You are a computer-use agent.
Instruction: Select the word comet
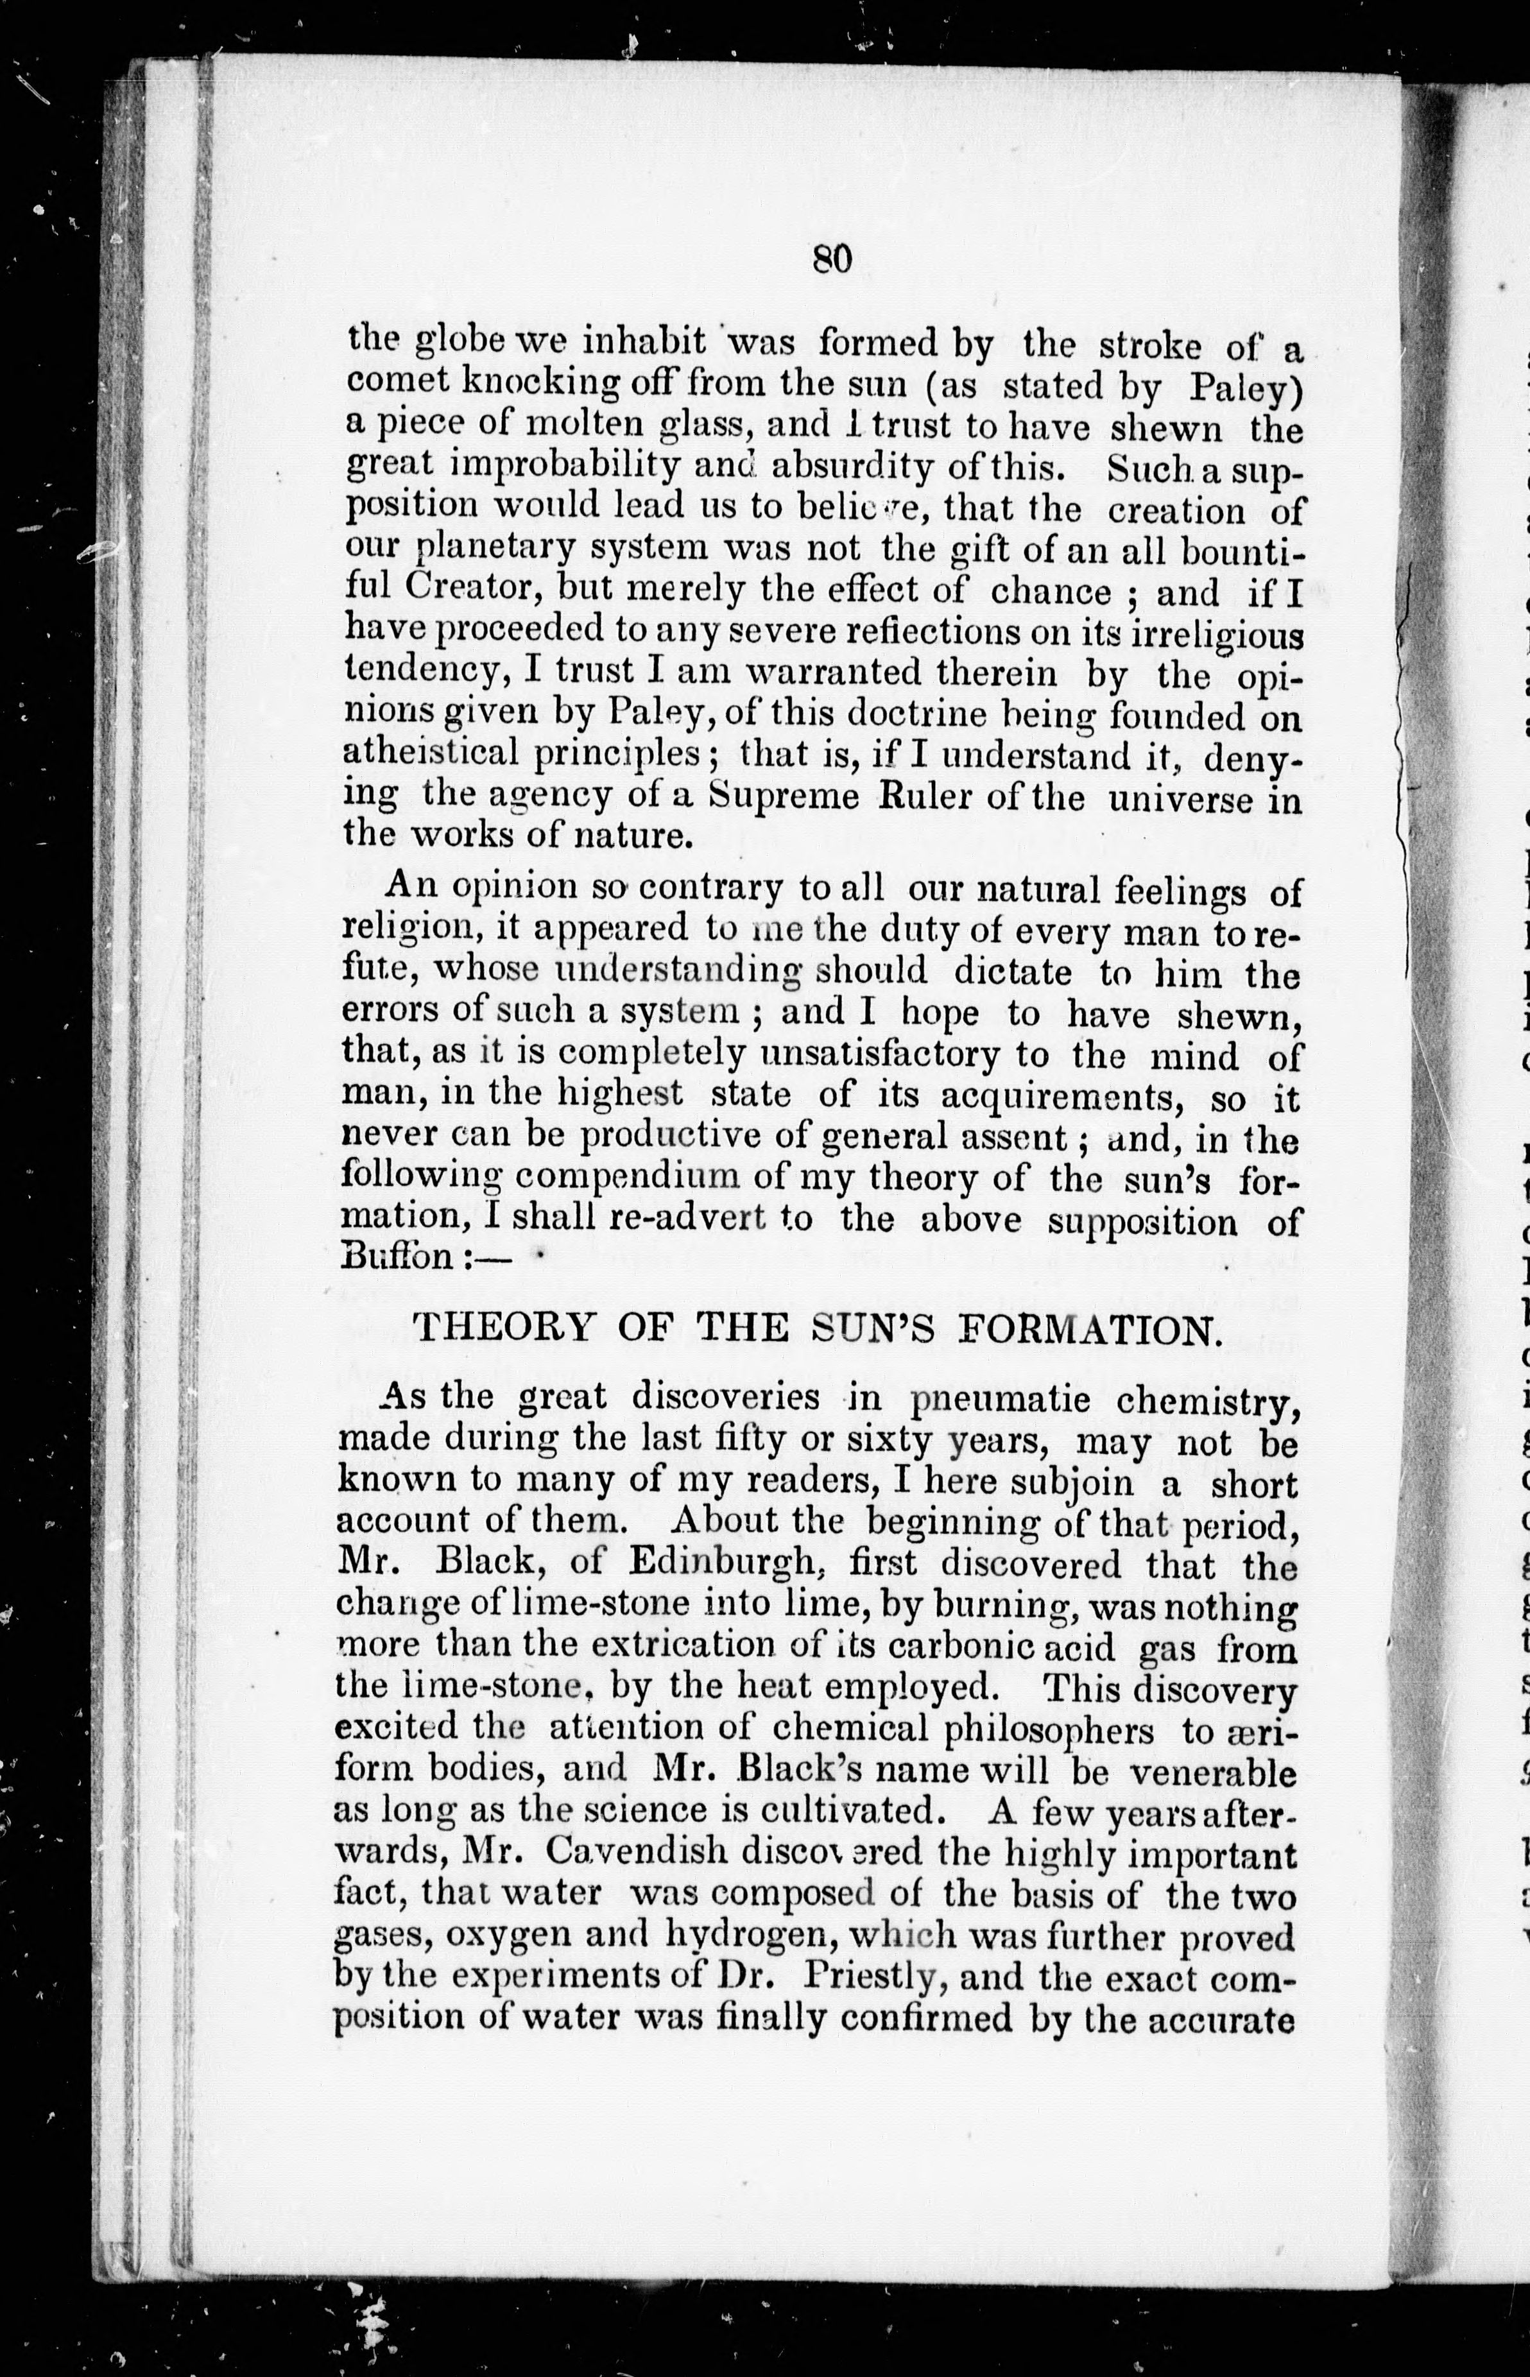point(395,381)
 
